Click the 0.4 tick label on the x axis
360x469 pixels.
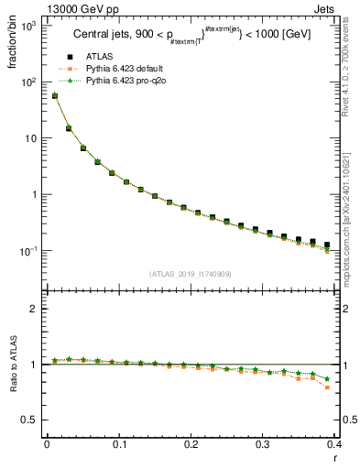click(x=335, y=444)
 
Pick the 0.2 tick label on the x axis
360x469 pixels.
click(x=191, y=444)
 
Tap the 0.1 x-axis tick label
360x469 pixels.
click(x=119, y=444)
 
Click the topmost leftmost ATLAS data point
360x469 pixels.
click(x=54, y=95)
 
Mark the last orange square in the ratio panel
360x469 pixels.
click(x=327, y=387)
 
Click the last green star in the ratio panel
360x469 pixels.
click(x=327, y=378)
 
